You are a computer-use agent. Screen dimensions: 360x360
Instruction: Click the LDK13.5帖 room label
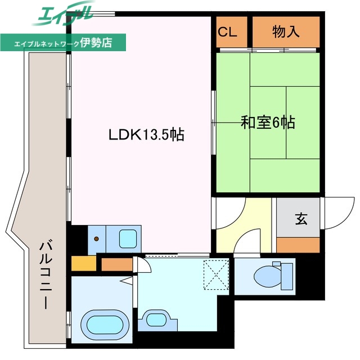point(146,134)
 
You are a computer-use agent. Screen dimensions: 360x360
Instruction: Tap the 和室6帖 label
point(268,123)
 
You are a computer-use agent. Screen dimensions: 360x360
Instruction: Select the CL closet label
point(227,32)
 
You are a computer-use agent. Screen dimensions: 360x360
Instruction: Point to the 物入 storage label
point(286,31)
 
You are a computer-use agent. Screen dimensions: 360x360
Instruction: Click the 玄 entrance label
point(301,219)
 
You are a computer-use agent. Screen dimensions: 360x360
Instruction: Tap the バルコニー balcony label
point(46,274)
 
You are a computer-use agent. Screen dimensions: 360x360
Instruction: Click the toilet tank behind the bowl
point(287,276)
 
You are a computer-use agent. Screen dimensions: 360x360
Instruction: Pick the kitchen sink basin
point(128,238)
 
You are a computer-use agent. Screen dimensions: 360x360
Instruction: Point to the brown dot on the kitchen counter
point(96,239)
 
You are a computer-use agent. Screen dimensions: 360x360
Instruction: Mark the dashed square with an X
point(216,274)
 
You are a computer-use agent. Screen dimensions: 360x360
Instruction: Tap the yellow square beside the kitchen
point(84,263)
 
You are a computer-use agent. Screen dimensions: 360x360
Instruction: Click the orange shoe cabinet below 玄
point(298,245)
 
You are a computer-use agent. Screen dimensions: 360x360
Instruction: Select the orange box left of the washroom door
point(117,264)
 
